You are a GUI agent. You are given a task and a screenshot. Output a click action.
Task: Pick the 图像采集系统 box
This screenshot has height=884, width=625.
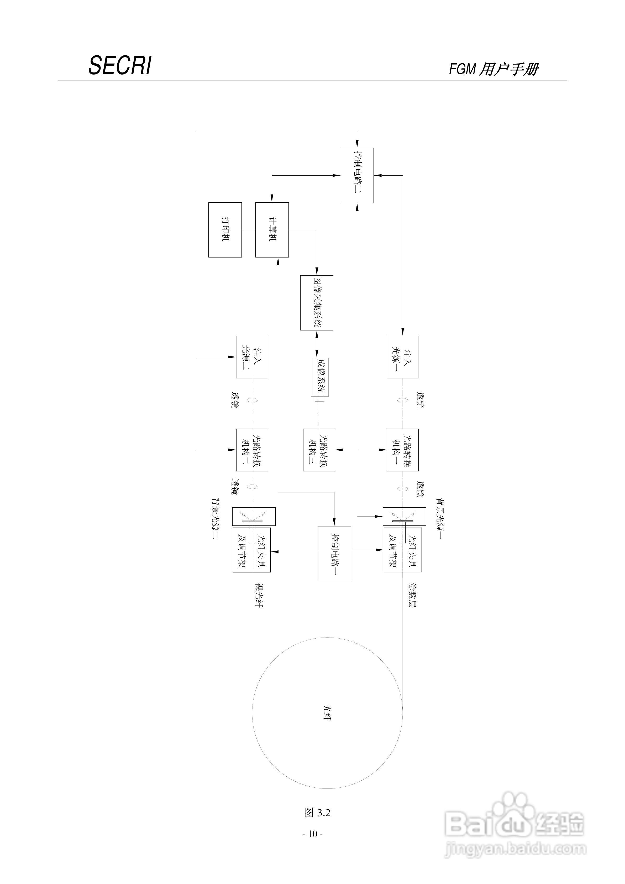[317, 303]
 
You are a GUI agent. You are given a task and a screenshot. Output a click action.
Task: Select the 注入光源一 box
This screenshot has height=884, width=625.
[402, 357]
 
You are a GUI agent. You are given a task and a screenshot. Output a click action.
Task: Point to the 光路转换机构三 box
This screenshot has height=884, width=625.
[319, 450]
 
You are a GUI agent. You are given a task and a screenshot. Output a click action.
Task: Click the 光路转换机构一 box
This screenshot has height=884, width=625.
[402, 450]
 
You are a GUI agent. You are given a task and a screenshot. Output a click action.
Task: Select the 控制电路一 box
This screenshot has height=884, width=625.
[334, 554]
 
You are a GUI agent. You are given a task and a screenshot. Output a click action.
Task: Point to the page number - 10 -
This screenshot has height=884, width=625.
[312, 834]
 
